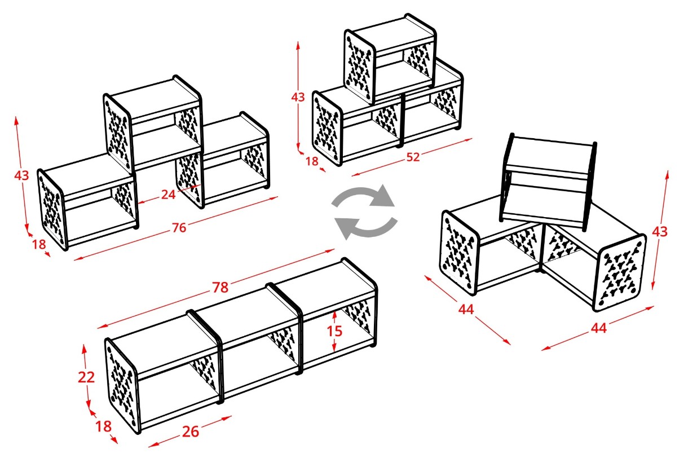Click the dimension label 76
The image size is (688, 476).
179,228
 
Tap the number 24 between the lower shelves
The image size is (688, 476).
168,195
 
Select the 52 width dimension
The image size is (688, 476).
413,157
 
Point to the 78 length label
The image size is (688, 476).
220,288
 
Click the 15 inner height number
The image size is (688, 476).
334,331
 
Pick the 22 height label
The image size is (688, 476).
86,377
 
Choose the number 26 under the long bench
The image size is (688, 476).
191,432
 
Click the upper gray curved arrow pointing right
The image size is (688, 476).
364,195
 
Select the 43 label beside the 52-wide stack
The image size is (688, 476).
298,97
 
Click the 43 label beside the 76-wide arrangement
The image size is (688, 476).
21,175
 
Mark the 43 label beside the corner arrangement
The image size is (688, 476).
660,232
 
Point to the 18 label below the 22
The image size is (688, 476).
104,426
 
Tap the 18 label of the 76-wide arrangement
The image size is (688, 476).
39,244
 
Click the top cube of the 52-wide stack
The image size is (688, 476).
390,58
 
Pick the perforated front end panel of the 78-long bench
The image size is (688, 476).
121,385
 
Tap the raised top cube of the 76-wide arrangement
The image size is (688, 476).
153,123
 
